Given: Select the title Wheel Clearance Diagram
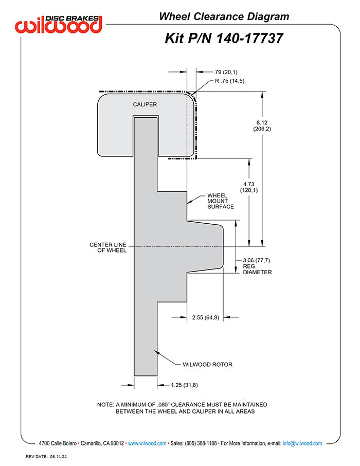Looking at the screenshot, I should [224, 16].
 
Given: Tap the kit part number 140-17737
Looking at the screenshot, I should [224, 38].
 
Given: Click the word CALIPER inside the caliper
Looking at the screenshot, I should [145, 104].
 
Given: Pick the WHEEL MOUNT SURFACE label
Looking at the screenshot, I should [220, 201].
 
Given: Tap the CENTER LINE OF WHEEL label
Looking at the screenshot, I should [107, 247].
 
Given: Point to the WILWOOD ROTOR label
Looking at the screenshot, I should [207, 365].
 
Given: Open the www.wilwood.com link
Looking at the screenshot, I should [147, 443].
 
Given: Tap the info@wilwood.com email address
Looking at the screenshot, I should [302, 443].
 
